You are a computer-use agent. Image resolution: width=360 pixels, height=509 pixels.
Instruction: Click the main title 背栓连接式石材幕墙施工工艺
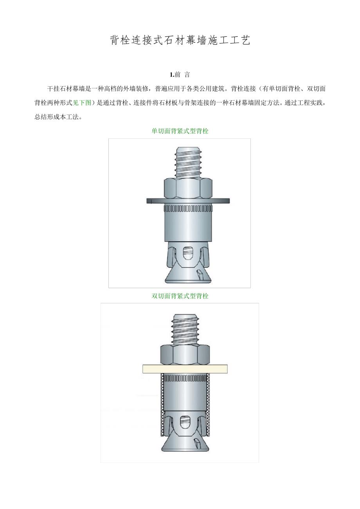click(180, 40)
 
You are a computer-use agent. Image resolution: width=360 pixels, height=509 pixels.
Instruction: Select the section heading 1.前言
click(180, 75)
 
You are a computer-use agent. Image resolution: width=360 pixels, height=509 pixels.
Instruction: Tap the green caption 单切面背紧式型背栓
click(180, 131)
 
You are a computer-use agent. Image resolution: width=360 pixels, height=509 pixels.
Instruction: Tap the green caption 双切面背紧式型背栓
click(180, 296)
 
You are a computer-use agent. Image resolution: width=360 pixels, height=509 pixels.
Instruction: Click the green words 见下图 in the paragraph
click(82, 103)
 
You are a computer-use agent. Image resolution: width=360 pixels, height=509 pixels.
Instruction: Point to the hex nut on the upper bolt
click(188, 188)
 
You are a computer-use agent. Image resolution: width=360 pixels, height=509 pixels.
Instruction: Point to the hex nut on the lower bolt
click(185, 355)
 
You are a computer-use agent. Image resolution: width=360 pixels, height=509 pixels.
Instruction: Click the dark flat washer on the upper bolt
click(188, 201)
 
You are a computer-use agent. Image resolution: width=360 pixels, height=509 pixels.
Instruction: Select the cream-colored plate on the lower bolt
click(185, 369)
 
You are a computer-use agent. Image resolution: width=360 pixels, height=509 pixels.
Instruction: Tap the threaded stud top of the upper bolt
click(188, 163)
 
